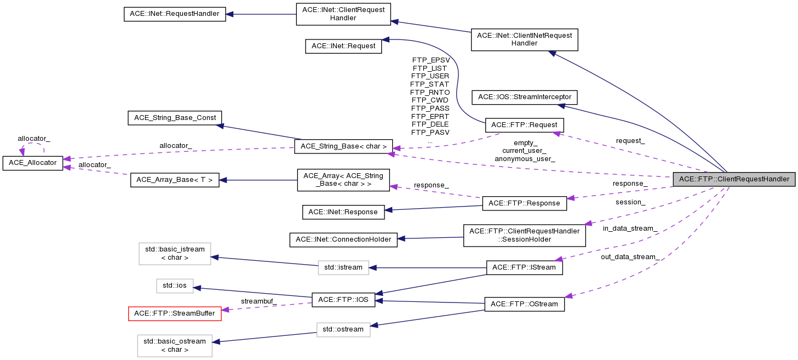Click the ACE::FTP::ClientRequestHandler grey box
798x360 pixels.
[x=734, y=179]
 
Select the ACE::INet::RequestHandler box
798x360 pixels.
[x=175, y=13]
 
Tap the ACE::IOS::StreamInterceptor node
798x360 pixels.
[x=524, y=97]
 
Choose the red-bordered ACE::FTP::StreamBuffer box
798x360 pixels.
[x=175, y=313]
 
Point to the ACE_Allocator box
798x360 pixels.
[x=32, y=163]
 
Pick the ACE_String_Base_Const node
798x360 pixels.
[x=174, y=117]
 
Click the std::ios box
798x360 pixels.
[x=175, y=285]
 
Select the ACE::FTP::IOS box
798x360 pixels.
[x=343, y=299]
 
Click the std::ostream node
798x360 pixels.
[x=343, y=329]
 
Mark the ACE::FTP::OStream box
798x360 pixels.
[x=524, y=304]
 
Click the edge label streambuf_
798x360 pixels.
[x=259, y=301]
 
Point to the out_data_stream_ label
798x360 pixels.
[x=630, y=256]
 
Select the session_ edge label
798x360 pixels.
[x=630, y=202]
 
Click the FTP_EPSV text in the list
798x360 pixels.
[x=430, y=60]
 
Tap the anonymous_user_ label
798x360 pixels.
[x=525, y=159]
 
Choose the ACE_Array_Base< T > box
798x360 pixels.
[x=175, y=180]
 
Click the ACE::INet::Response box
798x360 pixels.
[x=343, y=212]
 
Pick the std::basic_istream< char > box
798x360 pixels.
[x=175, y=253]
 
